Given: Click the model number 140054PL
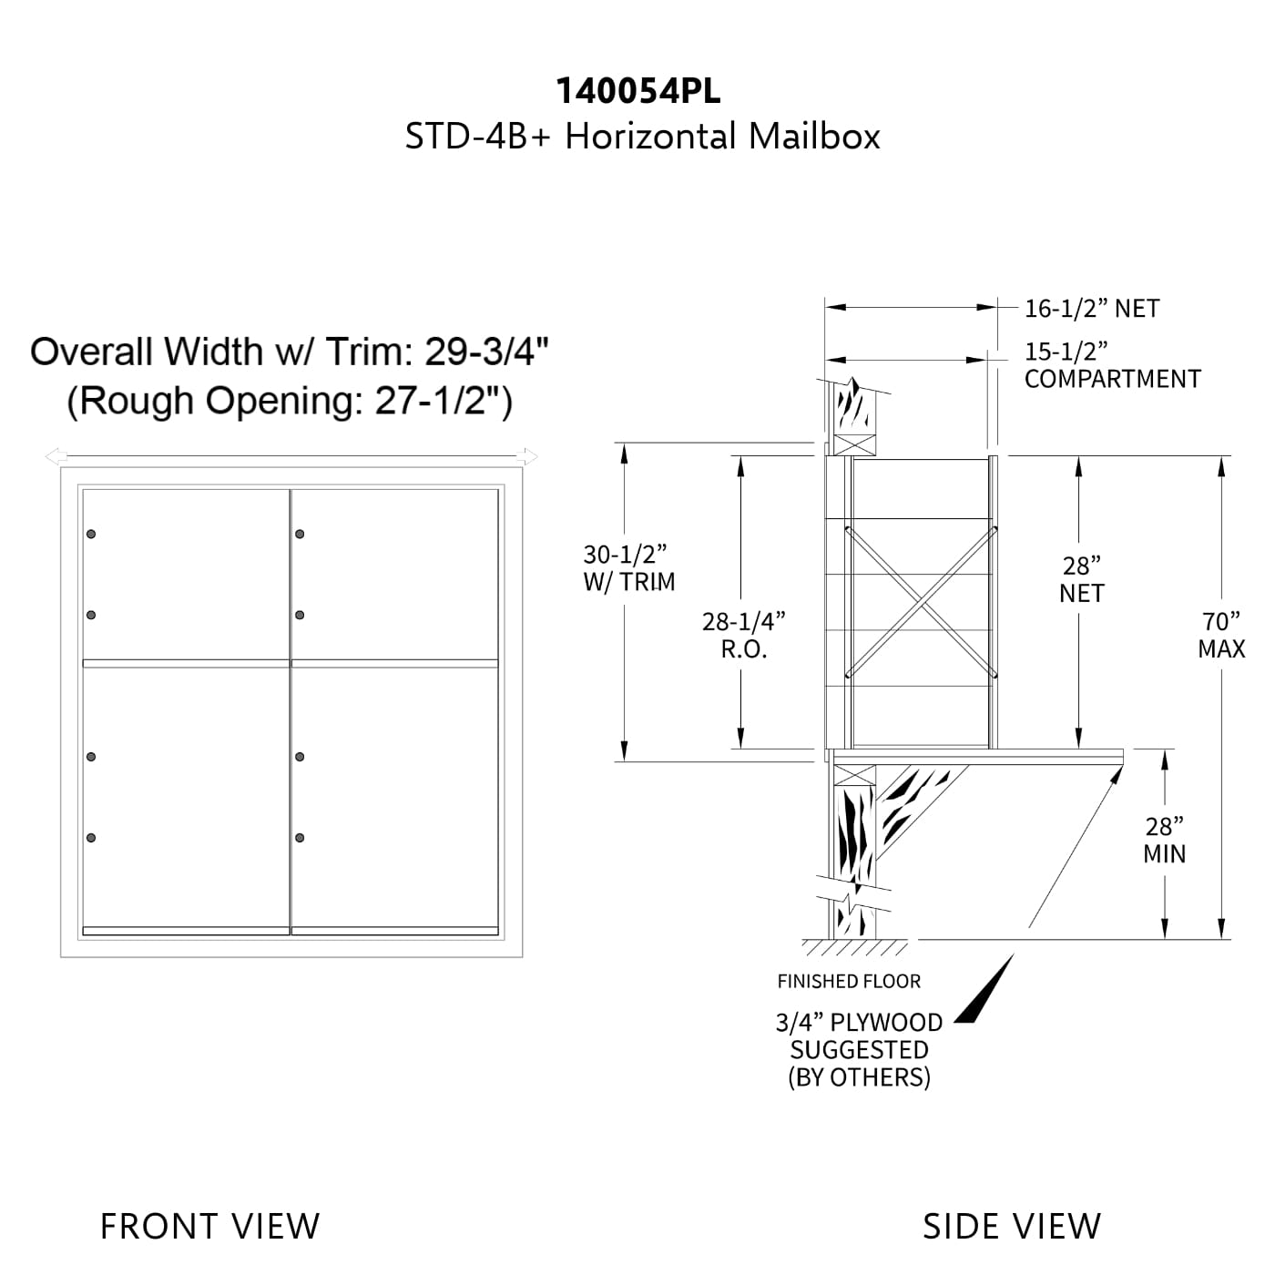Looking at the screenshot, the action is click(638, 91).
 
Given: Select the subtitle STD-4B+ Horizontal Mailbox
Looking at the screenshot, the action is click(642, 137).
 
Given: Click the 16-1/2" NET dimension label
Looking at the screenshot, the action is click(1092, 309).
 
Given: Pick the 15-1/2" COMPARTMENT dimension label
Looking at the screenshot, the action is click(1112, 365).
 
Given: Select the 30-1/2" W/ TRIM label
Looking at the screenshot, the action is click(628, 567).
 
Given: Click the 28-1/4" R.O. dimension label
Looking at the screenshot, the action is click(744, 636).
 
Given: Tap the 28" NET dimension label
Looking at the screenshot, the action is click(1082, 579).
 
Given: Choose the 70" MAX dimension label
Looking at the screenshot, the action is click(1221, 635).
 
